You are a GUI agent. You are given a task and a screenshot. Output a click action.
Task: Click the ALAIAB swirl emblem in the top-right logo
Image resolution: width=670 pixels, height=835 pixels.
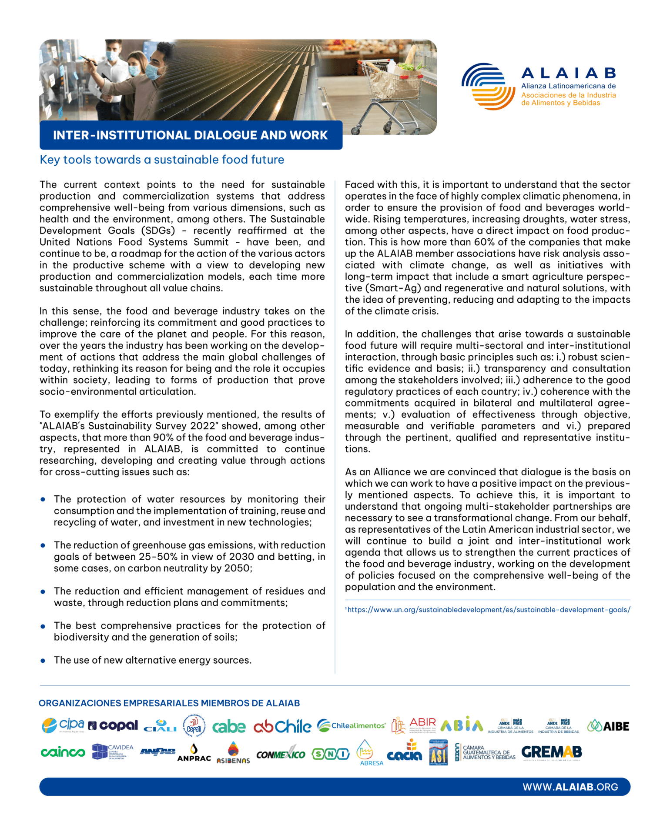(488, 86)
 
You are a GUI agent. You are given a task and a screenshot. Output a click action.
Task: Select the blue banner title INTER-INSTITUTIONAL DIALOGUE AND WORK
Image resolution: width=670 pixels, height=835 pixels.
(190, 135)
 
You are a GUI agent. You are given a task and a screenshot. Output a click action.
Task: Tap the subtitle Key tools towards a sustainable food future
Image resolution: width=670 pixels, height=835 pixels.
(162, 160)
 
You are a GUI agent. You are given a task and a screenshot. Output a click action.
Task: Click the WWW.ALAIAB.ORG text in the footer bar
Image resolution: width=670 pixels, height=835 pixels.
(570, 787)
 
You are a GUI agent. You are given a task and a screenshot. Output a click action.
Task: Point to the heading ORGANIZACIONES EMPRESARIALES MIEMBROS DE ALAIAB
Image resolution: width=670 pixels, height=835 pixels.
(169, 703)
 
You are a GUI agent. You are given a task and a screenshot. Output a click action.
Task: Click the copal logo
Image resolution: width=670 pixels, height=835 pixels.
(113, 725)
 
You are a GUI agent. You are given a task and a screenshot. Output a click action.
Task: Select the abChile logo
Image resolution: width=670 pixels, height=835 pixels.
(282, 726)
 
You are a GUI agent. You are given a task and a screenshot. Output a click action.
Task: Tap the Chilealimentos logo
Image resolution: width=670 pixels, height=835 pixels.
(351, 725)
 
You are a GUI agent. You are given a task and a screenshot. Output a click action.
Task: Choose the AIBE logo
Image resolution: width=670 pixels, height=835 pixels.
(608, 726)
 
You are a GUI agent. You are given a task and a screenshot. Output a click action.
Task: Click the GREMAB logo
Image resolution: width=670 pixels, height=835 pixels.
(551, 752)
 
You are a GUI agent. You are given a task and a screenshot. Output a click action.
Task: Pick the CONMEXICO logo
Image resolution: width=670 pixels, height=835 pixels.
(281, 755)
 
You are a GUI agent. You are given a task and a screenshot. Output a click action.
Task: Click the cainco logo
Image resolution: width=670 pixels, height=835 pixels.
(63, 752)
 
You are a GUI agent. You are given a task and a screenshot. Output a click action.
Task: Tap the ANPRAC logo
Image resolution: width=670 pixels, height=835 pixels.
(194, 753)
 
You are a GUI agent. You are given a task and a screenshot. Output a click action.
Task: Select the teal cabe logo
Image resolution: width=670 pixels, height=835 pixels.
(229, 726)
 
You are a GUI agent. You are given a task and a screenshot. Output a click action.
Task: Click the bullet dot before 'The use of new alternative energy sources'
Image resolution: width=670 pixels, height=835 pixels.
(43, 661)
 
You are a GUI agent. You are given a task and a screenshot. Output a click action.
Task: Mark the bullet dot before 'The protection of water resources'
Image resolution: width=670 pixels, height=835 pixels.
(43, 500)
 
